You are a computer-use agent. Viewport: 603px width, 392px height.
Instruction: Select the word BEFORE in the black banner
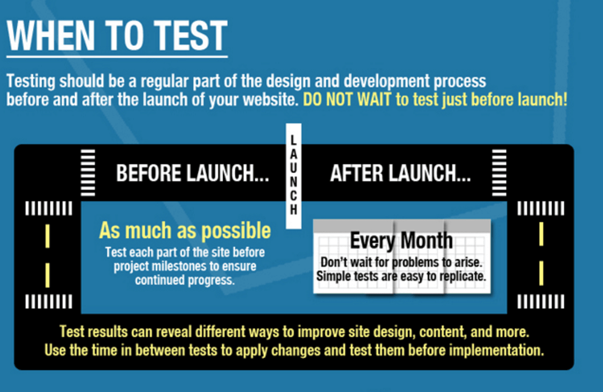[x=148, y=173]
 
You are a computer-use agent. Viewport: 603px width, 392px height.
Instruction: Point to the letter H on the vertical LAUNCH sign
[x=294, y=209]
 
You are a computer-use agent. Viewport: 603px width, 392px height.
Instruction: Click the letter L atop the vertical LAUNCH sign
[x=294, y=140]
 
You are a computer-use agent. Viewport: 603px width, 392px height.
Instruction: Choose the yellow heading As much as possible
[x=185, y=231]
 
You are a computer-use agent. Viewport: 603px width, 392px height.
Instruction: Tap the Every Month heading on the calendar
[x=401, y=241]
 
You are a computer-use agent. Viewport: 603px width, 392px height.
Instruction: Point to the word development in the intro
[x=386, y=81]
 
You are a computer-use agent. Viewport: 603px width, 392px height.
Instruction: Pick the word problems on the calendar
[x=415, y=262]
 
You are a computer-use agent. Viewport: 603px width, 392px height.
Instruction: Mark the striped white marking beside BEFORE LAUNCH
[x=88, y=173]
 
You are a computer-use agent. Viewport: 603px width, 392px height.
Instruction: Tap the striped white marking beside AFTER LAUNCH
[x=499, y=173]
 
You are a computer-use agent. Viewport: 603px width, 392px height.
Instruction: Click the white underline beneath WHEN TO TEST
[x=117, y=56]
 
